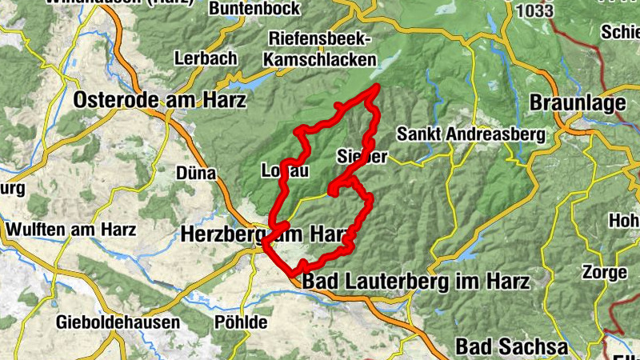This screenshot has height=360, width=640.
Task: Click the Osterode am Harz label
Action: (160, 100)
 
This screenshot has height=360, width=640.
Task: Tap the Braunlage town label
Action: (577, 104)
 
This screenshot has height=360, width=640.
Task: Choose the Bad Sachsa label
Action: (512, 346)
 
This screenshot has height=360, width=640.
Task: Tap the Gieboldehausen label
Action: (118, 322)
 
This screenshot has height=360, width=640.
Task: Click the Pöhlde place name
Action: (240, 322)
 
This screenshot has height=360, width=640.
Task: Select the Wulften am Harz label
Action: (71, 229)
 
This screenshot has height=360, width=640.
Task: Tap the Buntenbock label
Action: (254, 9)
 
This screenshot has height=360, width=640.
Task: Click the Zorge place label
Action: (605, 272)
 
